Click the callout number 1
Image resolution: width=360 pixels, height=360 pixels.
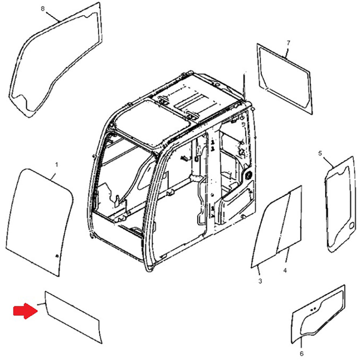56,165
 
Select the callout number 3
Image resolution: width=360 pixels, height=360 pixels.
260,281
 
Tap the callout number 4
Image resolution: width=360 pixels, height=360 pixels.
285,270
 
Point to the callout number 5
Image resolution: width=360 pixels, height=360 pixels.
320,154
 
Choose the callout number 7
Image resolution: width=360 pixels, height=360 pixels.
288,43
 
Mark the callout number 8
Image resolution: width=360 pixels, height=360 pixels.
43,9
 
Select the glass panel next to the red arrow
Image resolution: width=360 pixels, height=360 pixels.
74,317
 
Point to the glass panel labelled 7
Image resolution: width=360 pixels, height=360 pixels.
284,77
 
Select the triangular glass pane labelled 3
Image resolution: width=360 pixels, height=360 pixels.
268,234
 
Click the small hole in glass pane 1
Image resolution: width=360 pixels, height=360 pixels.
57,256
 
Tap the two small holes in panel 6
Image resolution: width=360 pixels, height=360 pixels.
313,309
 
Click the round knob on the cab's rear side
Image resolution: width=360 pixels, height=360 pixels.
248,175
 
